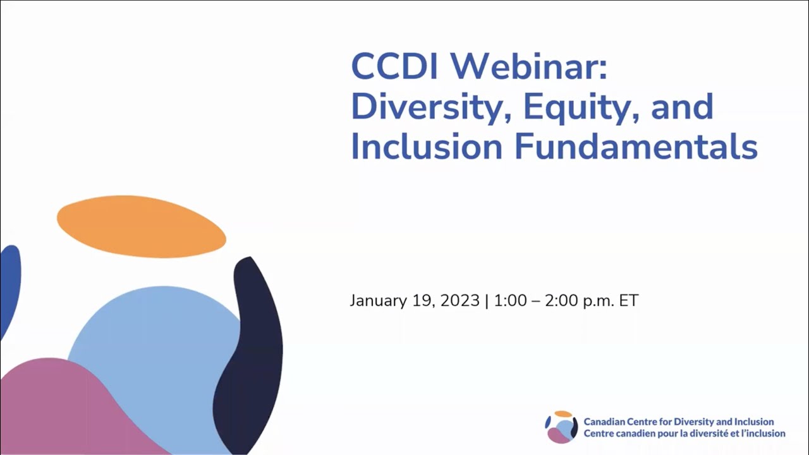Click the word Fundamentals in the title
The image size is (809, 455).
[x=635, y=147]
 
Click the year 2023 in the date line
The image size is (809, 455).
[x=460, y=301]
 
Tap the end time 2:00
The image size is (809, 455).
[x=561, y=301]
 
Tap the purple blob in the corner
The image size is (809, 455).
[x=57, y=411]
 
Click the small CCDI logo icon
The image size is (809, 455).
[x=561, y=427]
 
